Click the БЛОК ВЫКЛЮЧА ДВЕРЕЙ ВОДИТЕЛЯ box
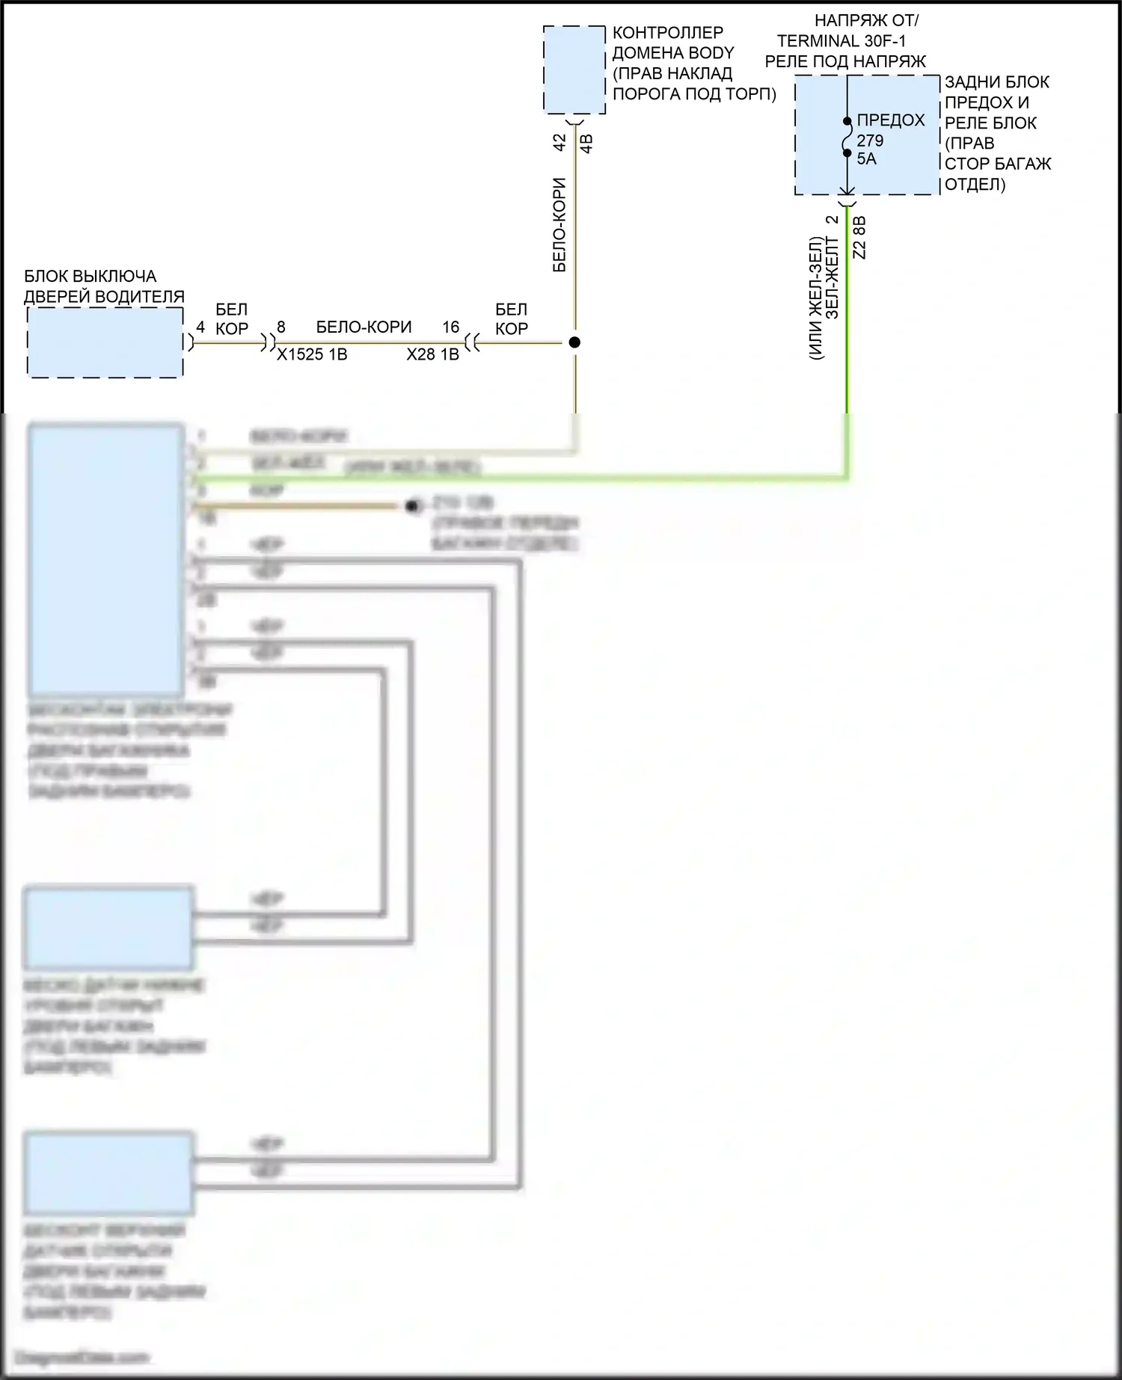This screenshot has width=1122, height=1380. [105, 342]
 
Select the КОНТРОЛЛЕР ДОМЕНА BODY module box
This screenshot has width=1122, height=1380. [574, 70]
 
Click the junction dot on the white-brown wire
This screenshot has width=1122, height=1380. [574, 342]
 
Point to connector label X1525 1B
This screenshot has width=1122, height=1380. [312, 354]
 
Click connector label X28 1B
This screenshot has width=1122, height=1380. [432, 354]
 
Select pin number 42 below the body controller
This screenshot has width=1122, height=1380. [560, 142]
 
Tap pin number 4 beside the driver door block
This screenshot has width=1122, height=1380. [200, 327]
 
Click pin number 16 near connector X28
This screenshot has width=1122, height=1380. [450, 327]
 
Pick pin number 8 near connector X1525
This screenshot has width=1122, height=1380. [281, 327]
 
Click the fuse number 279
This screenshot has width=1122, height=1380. [870, 141]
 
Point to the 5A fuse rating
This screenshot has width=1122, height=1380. [866, 158]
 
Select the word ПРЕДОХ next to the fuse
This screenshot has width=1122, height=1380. [890, 120]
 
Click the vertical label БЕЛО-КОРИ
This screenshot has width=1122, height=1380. [560, 224]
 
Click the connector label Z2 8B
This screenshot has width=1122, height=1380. [859, 238]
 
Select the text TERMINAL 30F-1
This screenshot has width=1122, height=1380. [841, 41]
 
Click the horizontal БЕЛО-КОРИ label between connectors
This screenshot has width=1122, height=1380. [364, 327]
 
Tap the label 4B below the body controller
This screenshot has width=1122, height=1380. [587, 144]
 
